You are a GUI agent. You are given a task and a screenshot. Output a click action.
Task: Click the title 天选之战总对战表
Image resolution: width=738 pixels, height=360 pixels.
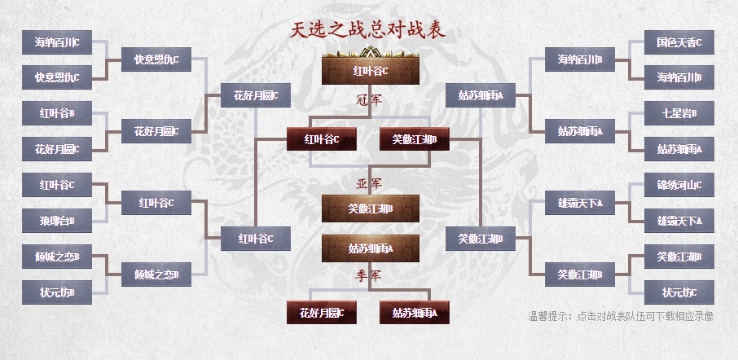pyautogui.click(x=369, y=31)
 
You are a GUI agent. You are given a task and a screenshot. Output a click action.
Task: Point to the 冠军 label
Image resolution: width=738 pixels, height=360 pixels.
pyautogui.click(x=369, y=100)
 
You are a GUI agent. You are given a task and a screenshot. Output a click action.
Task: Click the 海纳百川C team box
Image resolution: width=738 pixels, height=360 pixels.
pyautogui.click(x=56, y=42)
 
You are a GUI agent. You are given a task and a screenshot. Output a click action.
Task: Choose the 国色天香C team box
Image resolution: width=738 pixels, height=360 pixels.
pyautogui.click(x=679, y=42)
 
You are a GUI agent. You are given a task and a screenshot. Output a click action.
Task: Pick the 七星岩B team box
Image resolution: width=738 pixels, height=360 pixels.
pyautogui.click(x=679, y=113)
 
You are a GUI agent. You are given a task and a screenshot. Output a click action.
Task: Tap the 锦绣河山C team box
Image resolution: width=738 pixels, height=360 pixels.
pyautogui.click(x=679, y=184)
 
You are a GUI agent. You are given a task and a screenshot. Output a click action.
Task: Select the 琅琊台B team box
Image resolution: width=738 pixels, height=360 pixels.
pyautogui.click(x=56, y=220)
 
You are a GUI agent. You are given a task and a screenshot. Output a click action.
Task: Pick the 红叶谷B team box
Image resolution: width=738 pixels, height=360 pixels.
pyautogui.click(x=56, y=113)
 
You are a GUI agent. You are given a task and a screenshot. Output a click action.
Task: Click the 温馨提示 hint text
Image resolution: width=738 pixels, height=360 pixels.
pyautogui.click(x=621, y=316)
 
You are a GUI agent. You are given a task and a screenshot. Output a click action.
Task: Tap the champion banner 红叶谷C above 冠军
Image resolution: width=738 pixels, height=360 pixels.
pyautogui.click(x=370, y=71)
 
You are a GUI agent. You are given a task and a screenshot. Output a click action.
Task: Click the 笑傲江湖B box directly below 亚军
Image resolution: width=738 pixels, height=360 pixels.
pyautogui.click(x=370, y=209)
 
